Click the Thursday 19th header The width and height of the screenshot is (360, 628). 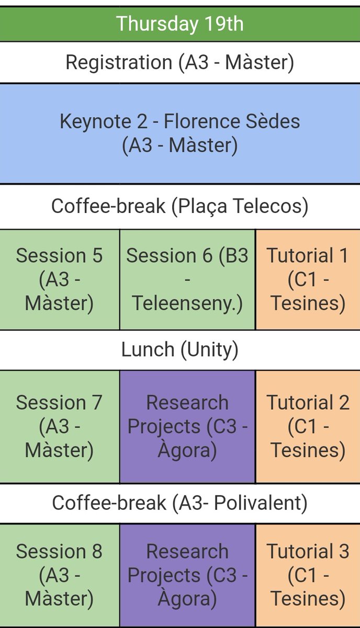coord(179,24)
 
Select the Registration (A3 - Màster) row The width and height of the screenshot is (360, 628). coord(179,62)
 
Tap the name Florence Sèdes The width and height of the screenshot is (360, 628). coord(232,121)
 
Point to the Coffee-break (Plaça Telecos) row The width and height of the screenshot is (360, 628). coord(179,206)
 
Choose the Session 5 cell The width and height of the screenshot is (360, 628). coord(60,279)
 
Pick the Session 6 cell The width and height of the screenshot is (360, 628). coord(187,279)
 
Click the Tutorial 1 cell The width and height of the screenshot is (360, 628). coord(308,279)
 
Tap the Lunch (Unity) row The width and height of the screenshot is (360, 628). coord(179,350)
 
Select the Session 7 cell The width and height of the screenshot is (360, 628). coord(60,427)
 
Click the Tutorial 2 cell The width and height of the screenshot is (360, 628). coord(308,427)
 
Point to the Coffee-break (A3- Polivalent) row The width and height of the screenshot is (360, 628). coord(179,503)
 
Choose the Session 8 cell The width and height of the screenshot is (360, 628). coord(60,575)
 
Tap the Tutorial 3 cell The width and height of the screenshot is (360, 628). coord(308,575)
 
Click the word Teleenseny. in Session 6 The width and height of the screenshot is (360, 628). coord(187,304)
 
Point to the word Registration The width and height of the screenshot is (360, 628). coord(118,62)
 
